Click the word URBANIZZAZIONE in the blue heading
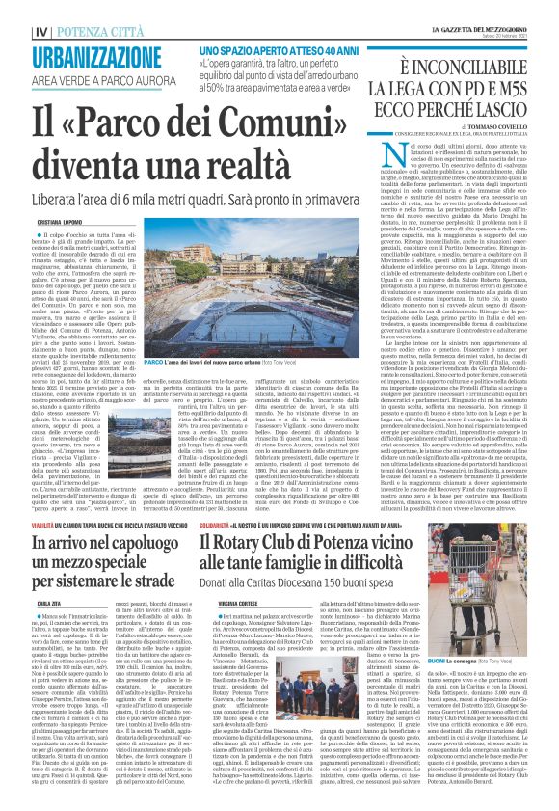point(93,57)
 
